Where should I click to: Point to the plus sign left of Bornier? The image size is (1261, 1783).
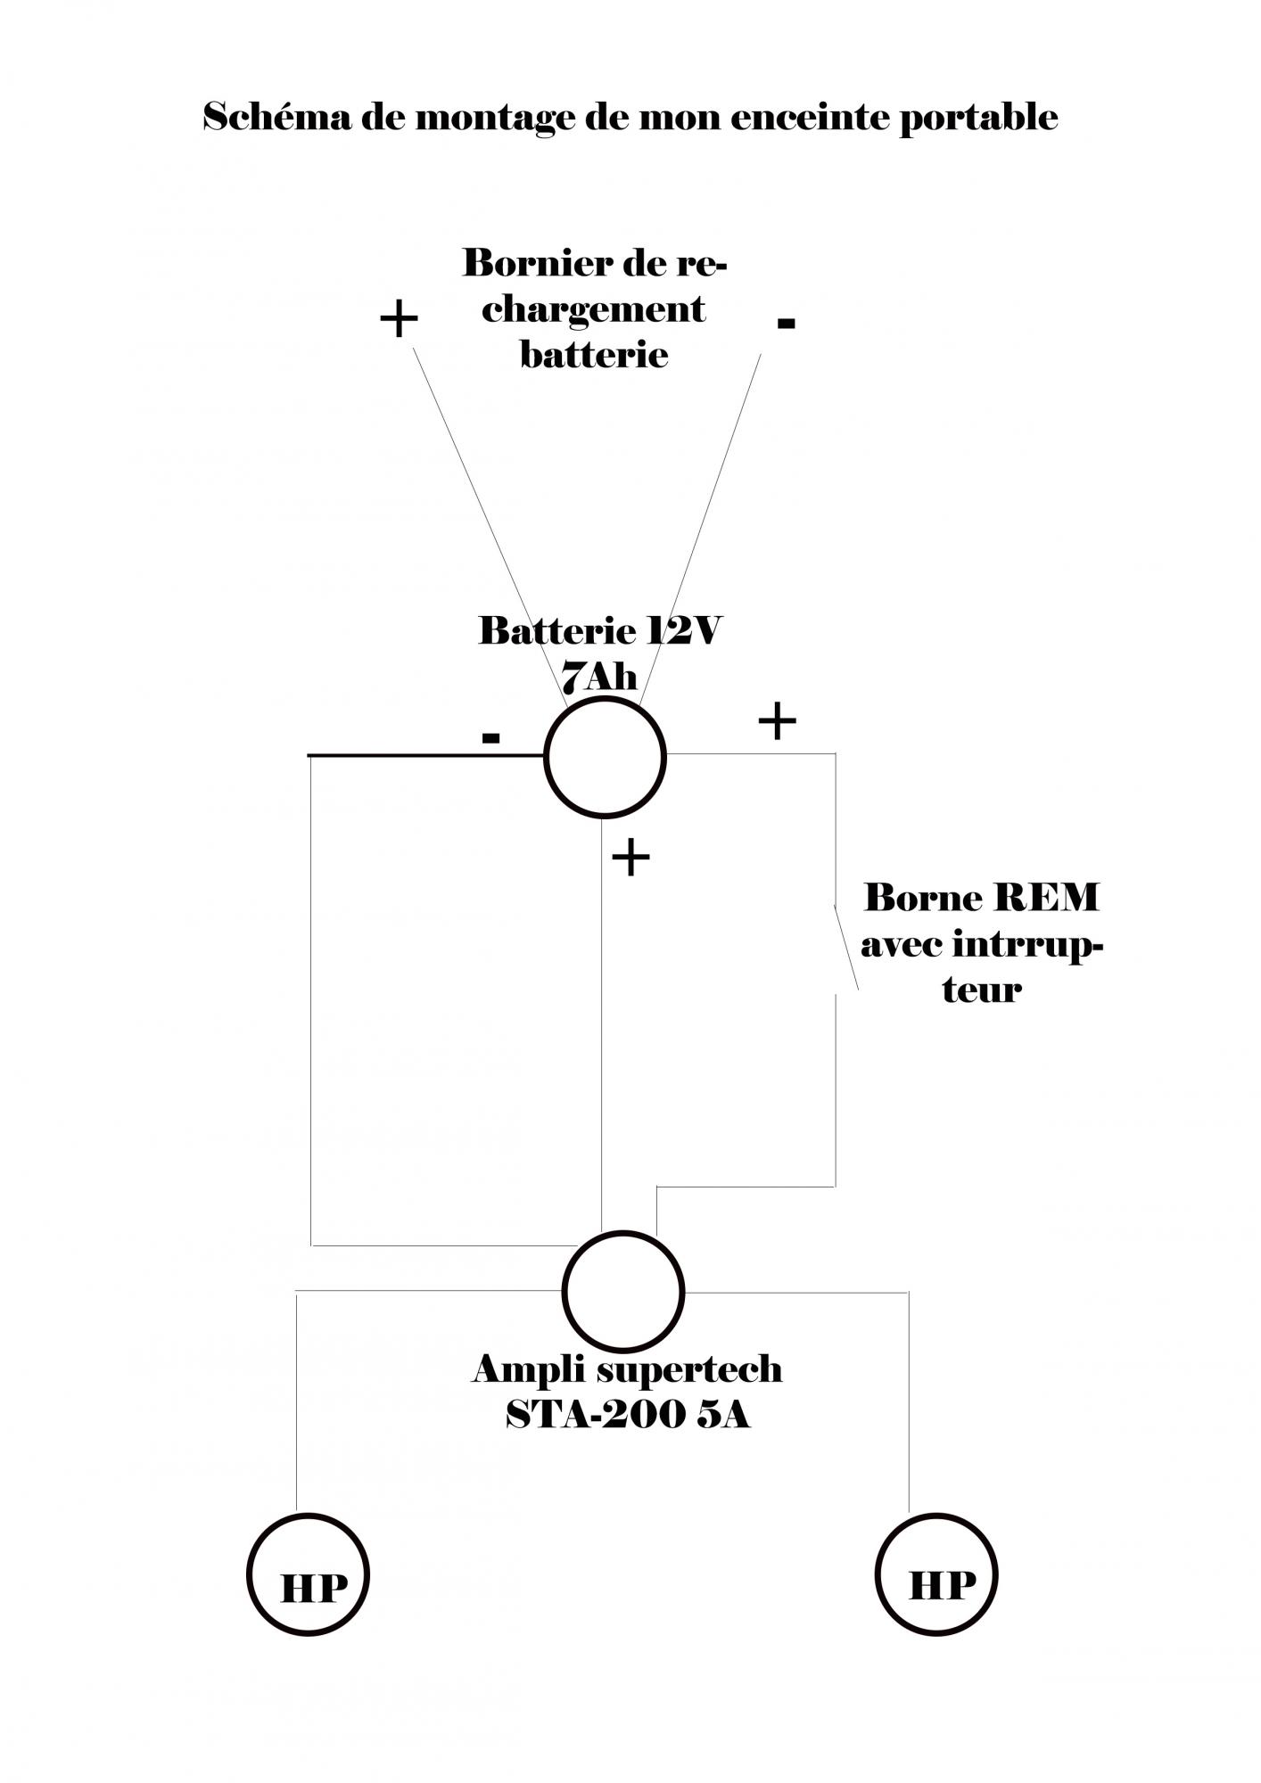399,319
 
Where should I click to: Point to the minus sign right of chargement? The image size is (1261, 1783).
786,323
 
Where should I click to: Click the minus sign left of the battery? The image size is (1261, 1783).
490,737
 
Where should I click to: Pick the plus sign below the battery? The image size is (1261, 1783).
630,858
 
